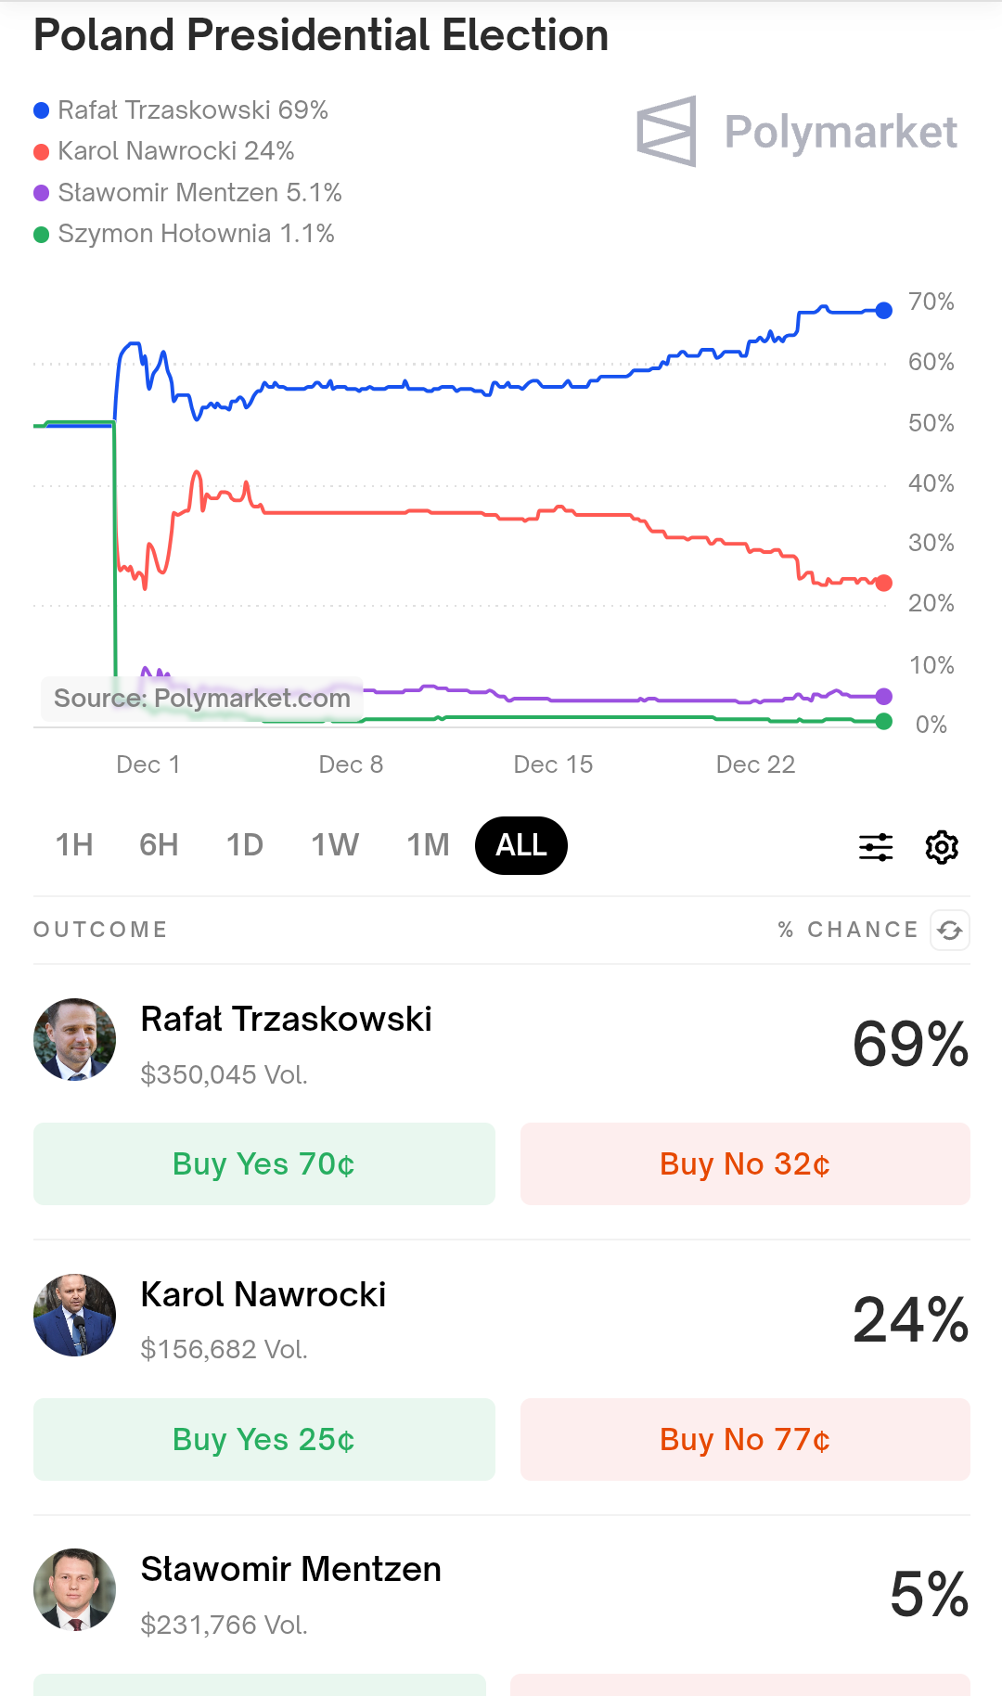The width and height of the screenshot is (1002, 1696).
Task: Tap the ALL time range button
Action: click(520, 845)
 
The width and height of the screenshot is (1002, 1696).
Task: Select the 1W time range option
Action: click(335, 845)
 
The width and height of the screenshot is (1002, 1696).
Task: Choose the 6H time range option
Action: click(159, 845)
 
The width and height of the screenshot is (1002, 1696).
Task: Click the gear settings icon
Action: click(942, 847)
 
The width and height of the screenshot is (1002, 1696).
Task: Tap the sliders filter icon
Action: click(876, 847)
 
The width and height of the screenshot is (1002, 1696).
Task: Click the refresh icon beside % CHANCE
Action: click(950, 930)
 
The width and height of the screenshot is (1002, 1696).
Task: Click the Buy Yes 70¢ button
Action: click(264, 1164)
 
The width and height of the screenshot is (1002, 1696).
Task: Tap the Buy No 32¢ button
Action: click(745, 1164)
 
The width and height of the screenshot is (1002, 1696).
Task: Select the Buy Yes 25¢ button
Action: click(264, 1440)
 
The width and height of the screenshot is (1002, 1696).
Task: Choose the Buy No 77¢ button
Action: click(745, 1440)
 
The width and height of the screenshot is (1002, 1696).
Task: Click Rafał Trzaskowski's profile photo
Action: click(75, 1040)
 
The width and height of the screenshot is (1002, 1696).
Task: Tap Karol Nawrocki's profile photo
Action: click(75, 1316)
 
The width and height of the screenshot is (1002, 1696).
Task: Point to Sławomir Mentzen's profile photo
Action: click(75, 1590)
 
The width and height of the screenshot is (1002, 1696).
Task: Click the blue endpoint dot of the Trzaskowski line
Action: click(884, 311)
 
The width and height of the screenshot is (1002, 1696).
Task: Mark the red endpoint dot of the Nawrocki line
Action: click(884, 583)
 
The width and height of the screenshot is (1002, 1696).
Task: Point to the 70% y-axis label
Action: click(931, 302)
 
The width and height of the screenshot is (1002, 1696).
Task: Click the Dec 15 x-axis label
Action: click(553, 764)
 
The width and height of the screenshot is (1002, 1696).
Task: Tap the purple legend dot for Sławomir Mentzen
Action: click(41, 193)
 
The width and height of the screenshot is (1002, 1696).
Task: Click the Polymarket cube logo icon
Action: click(667, 132)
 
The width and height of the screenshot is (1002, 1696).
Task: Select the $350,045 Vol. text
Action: click(224, 1074)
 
